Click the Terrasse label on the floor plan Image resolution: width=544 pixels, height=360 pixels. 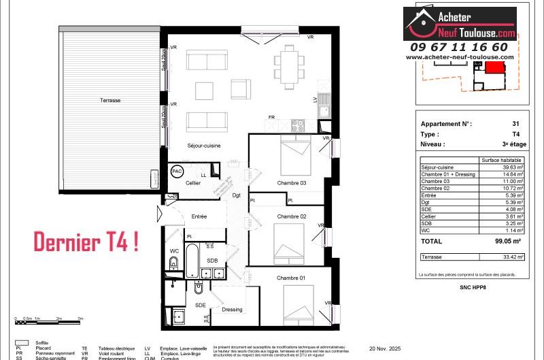108,100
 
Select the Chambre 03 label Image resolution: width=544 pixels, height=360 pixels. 292,184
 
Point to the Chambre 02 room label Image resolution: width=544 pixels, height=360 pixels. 292,216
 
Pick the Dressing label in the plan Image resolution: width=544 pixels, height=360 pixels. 232,310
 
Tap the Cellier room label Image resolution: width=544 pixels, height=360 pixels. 193,183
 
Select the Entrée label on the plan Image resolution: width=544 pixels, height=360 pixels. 199,216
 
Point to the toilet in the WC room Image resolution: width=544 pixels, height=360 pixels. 173,264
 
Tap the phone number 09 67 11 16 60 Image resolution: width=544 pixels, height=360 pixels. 458,47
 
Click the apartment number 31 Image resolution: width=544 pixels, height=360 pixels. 515,124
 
